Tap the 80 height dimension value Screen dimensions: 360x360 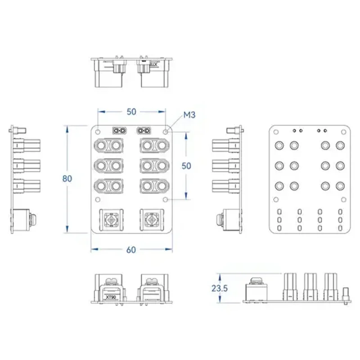(67, 178)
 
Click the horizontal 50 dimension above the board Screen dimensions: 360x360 (131, 111)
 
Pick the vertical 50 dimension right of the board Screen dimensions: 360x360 (186, 165)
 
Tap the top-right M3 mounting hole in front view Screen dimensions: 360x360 (167, 132)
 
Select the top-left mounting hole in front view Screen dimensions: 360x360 (96, 131)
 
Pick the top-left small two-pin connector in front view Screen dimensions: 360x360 (119, 131)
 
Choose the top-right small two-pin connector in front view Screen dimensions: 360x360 (144, 131)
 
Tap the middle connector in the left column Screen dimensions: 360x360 (109, 165)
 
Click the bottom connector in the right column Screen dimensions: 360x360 (154, 185)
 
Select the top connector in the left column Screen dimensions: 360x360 (109, 146)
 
